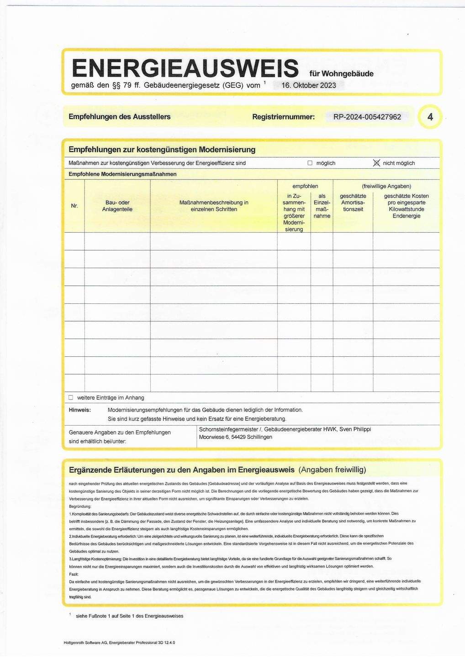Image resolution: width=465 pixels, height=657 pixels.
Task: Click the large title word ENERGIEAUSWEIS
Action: pyautogui.click(x=185, y=68)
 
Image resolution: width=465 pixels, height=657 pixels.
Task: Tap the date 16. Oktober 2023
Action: pyautogui.click(x=308, y=85)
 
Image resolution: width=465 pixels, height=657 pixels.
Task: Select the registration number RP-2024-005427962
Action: pyautogui.click(x=367, y=117)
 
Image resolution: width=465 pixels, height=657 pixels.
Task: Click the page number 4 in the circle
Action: pyautogui.click(x=430, y=117)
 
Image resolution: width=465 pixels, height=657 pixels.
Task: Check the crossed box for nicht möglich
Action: pyautogui.click(x=376, y=163)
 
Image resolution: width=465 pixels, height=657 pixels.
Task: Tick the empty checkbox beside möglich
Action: pyautogui.click(x=310, y=163)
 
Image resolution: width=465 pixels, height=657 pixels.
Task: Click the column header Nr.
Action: pyautogui.click(x=74, y=206)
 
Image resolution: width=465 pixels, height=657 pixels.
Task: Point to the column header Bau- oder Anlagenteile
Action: pyautogui.click(x=117, y=206)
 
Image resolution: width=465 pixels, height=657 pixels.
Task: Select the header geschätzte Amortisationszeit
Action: pyautogui.click(x=353, y=203)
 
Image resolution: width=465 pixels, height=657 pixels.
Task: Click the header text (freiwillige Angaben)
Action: pyautogui.click(x=386, y=186)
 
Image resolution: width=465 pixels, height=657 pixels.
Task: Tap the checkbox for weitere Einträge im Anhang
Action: pyautogui.click(x=71, y=397)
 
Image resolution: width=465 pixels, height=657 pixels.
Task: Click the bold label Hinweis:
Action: pyautogui.click(x=80, y=410)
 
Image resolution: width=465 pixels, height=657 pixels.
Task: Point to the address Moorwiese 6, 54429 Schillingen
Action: pyautogui.click(x=236, y=437)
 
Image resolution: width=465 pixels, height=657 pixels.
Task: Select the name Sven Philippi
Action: pyautogui.click(x=355, y=429)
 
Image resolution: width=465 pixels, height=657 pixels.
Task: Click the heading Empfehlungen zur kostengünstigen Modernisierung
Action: pyautogui.click(x=162, y=150)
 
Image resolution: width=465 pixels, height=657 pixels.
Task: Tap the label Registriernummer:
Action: pyautogui.click(x=283, y=117)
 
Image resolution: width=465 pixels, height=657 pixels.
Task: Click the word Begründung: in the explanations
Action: pyautogui.click(x=80, y=506)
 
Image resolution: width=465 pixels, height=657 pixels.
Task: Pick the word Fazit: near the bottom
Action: pyautogui.click(x=74, y=574)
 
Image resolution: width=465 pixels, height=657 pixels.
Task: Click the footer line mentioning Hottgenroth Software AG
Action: pyautogui.click(x=119, y=642)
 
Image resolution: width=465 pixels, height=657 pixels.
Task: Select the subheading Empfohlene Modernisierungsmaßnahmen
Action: pyautogui.click(x=122, y=174)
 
